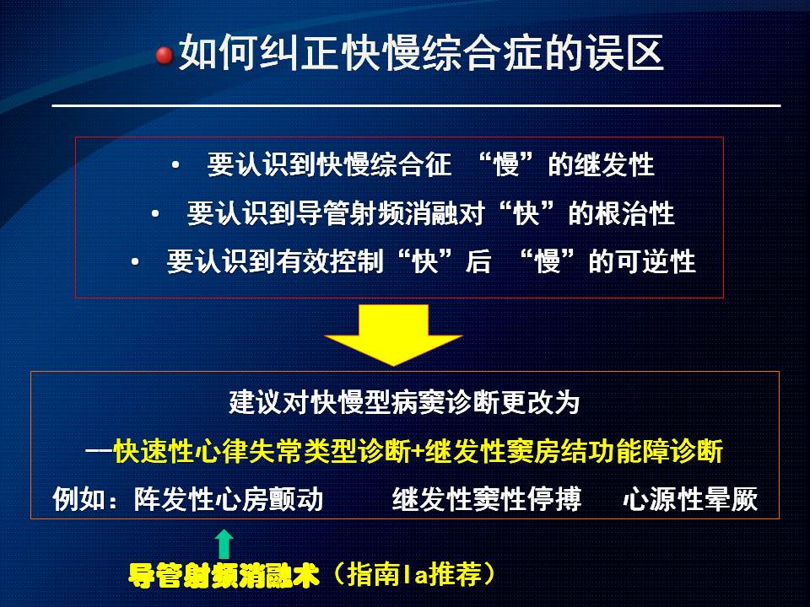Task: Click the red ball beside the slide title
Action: tap(165, 55)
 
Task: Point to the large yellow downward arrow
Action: tap(394, 335)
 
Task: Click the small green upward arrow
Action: tap(224, 544)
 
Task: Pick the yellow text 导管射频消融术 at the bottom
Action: tap(224, 575)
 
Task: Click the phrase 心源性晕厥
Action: tap(690, 499)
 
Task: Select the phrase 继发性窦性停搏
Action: tap(486, 499)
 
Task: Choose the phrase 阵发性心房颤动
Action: tap(229, 499)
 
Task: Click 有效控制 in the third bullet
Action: tap(328, 261)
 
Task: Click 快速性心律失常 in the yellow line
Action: tap(208, 451)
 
